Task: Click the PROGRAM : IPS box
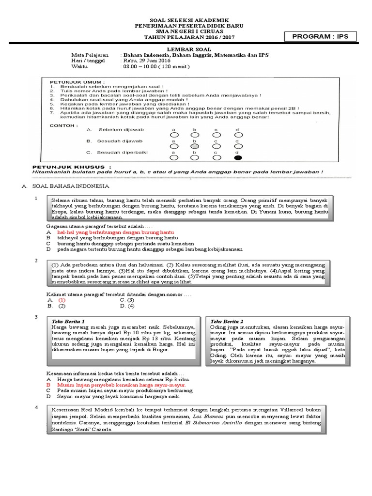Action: (x=321, y=37)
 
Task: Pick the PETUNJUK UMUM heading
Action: (x=74, y=82)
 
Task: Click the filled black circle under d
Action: (x=238, y=157)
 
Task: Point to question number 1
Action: (x=36, y=199)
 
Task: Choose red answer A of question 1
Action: (x=115, y=232)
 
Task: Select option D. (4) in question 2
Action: (x=128, y=306)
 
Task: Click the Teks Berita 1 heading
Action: (x=68, y=321)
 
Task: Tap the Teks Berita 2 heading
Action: (x=227, y=321)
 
